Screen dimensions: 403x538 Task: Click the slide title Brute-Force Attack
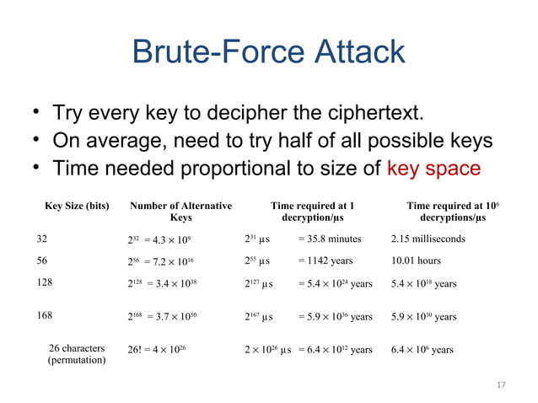coord(268,53)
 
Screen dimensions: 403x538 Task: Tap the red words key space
coord(433,169)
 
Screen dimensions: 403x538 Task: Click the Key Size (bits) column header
coord(76,206)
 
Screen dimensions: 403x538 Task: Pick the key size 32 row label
coord(41,239)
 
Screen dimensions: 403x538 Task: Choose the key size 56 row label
coord(41,261)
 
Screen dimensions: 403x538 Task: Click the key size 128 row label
coord(44,283)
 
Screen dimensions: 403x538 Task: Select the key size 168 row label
coord(44,315)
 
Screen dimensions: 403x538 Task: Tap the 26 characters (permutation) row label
coord(77,354)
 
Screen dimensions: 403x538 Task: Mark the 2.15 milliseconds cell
coord(428,239)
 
